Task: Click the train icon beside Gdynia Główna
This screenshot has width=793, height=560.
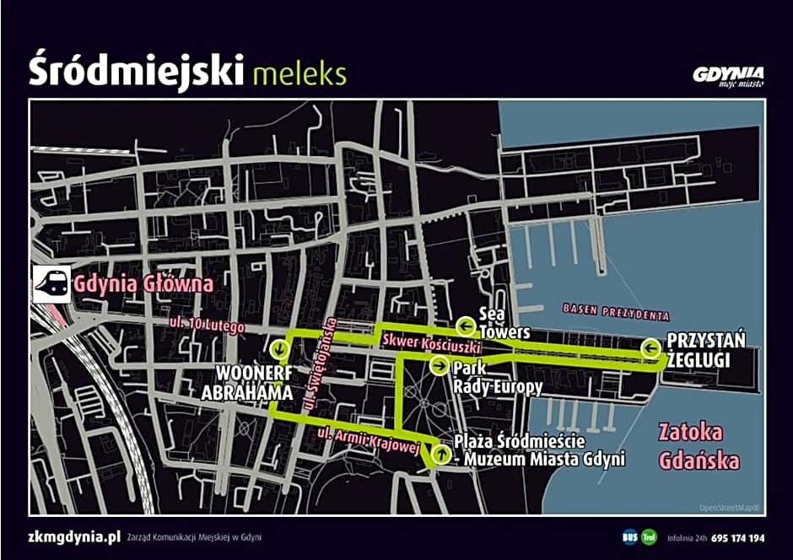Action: [52, 283]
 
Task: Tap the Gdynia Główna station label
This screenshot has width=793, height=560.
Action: [143, 283]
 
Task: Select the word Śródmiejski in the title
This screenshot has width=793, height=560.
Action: [137, 71]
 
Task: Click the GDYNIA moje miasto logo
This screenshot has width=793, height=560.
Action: [728, 76]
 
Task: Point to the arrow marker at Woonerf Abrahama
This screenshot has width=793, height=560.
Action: [278, 348]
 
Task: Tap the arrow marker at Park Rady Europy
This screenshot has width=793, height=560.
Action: [439, 365]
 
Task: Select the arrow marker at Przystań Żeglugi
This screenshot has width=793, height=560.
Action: [650, 348]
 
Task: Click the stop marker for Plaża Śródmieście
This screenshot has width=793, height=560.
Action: [440, 455]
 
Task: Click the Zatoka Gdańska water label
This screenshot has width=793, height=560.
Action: [699, 446]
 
